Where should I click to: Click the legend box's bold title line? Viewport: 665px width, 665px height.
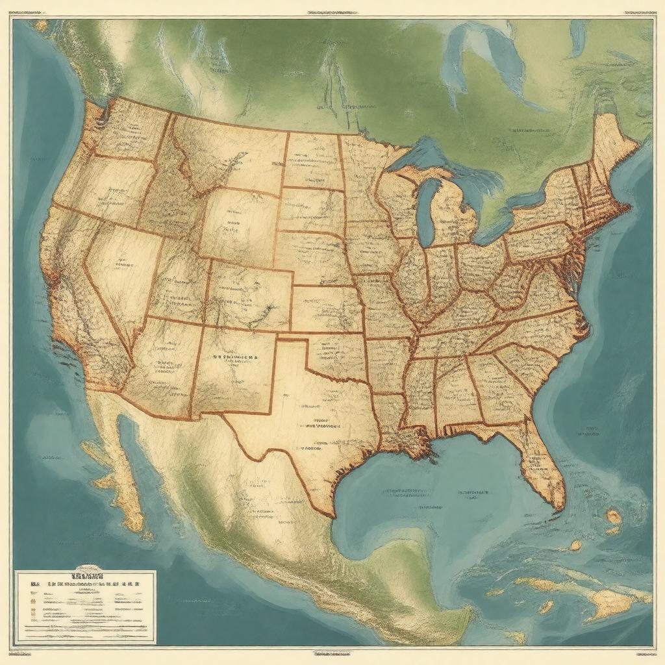click(88, 575)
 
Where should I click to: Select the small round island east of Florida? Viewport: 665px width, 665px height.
click(613, 517)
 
